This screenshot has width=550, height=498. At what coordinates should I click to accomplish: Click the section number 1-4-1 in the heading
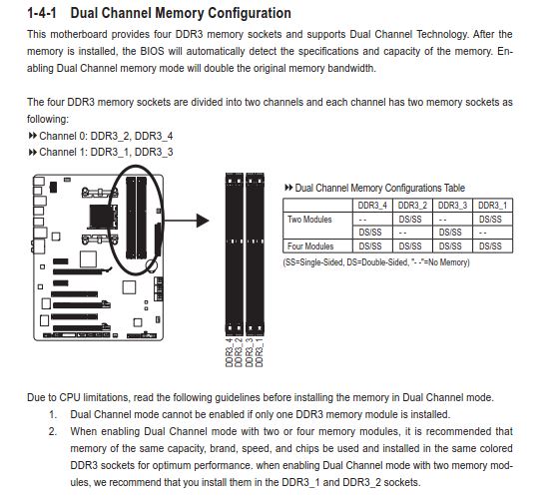[x=42, y=13]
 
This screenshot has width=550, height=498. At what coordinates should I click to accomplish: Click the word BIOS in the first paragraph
[x=152, y=51]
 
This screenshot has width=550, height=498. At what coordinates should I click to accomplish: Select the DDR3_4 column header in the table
[x=372, y=206]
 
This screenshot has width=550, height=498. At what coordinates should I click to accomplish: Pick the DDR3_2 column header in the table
[x=412, y=206]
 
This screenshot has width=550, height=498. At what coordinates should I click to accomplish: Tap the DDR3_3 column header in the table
[x=452, y=206]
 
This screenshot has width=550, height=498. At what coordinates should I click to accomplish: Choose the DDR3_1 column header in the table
[x=492, y=206]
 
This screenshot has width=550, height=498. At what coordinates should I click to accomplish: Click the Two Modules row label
[x=309, y=220]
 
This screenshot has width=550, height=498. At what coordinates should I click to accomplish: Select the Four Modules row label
[x=310, y=247]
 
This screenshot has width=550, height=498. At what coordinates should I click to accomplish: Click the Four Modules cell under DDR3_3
[x=450, y=247]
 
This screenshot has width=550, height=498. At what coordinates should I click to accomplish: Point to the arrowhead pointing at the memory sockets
[x=203, y=221]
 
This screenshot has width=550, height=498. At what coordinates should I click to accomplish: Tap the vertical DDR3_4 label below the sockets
[x=230, y=352]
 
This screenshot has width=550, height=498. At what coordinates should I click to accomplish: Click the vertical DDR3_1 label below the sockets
[x=260, y=352]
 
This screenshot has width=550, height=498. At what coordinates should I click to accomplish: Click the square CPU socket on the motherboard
[x=102, y=217]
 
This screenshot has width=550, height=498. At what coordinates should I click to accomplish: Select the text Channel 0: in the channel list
[x=63, y=136]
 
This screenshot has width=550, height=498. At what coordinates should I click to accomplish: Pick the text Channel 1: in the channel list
[x=63, y=153]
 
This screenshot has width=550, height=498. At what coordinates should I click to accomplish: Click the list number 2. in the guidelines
[x=53, y=432]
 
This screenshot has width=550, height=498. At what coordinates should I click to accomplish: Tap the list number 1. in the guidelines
[x=53, y=415]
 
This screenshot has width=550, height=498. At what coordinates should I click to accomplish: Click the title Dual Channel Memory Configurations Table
[x=380, y=188]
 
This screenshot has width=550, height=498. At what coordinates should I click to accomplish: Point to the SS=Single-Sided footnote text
[x=313, y=262]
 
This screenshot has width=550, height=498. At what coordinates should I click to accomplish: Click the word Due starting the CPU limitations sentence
[x=36, y=397]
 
